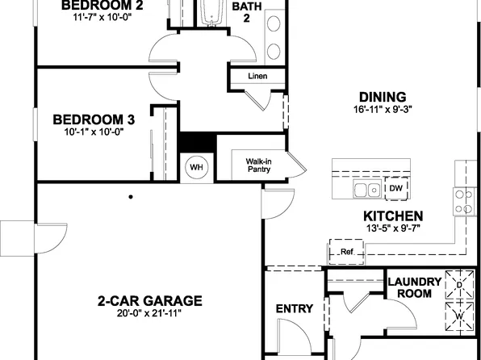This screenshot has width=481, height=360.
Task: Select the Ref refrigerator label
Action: click(347, 252)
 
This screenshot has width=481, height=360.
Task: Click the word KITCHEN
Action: click(393, 216)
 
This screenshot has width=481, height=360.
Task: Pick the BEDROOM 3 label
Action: click(94, 119)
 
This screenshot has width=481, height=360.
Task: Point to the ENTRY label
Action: click(294, 308)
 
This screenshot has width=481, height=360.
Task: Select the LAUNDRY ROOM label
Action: click(414, 287)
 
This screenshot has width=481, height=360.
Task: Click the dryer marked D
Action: click(459, 285)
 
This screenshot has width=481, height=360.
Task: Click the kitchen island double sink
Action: click(367, 190)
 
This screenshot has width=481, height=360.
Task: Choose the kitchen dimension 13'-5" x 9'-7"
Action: click(393, 228)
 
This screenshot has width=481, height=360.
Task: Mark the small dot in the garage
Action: click(131, 196)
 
